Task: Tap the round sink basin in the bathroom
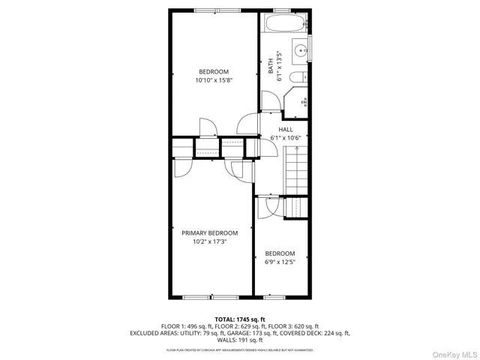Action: point(299,52)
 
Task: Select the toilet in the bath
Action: point(297,78)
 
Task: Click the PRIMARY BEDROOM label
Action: point(209,233)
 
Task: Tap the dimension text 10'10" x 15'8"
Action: point(213,80)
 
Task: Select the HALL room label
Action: point(286,129)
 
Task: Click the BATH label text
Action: point(271,67)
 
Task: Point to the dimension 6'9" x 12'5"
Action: point(280,262)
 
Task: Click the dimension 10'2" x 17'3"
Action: point(209,242)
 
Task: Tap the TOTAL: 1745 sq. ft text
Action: point(240,319)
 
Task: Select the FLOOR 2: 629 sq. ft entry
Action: point(235,326)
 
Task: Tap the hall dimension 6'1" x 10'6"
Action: point(286,138)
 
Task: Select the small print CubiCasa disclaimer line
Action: point(240,349)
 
